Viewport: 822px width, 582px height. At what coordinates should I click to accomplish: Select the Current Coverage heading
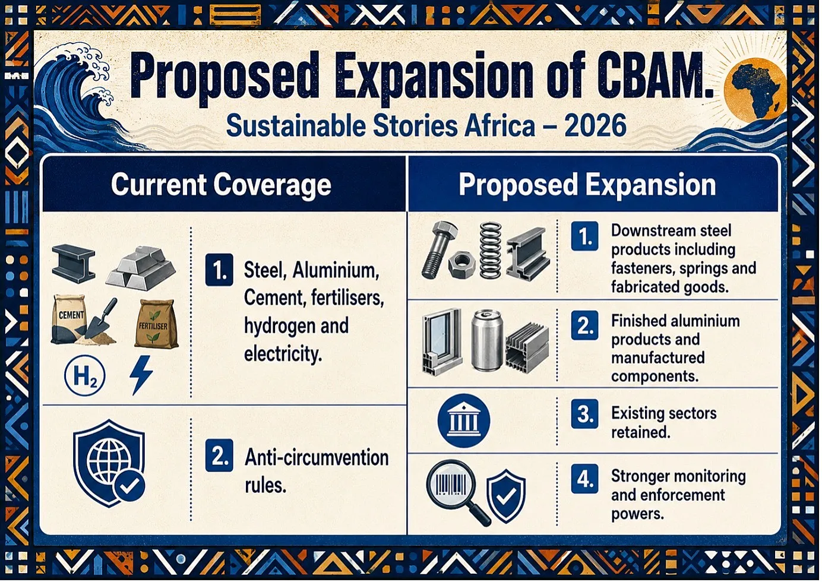click(x=221, y=185)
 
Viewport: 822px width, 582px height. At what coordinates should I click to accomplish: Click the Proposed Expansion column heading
click(x=587, y=185)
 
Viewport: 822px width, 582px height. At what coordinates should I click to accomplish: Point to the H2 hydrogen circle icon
click(x=84, y=376)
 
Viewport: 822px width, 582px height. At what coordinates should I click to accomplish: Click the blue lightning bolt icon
click(x=141, y=375)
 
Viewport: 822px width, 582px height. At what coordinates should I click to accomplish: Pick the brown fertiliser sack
click(x=156, y=324)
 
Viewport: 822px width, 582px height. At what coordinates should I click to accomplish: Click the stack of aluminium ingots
click(x=141, y=267)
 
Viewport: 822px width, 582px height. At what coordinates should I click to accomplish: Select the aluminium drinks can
click(x=486, y=340)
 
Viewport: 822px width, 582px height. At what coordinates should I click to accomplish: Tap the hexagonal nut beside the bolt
click(x=461, y=265)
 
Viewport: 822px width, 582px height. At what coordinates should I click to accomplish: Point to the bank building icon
click(x=463, y=420)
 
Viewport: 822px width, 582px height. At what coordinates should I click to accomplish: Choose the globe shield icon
click(x=109, y=464)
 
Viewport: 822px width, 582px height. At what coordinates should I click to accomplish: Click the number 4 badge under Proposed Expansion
click(x=584, y=479)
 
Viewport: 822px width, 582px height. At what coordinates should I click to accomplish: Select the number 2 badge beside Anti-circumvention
click(x=219, y=456)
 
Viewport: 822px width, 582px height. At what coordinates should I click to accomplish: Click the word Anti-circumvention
click(x=317, y=457)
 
